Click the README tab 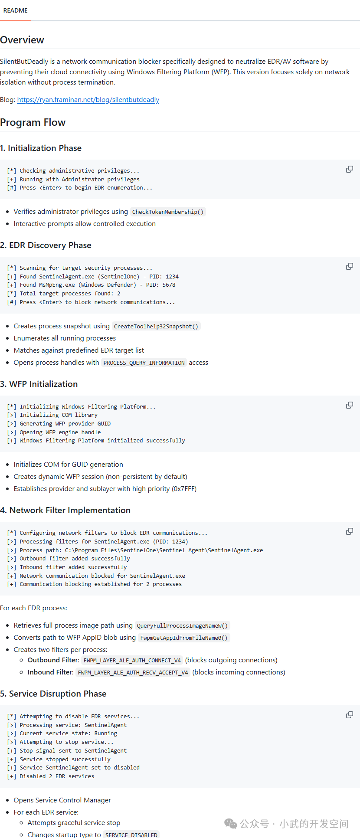(x=16, y=10)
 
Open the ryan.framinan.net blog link (x=88, y=100)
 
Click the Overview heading (x=22, y=40)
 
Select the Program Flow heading (x=33, y=122)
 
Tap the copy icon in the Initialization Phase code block (x=349, y=169)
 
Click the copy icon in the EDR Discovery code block (x=349, y=266)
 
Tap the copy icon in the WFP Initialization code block (x=349, y=405)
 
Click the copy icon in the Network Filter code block (x=349, y=531)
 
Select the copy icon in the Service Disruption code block (x=349, y=715)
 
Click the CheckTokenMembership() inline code (x=168, y=212)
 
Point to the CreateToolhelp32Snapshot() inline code (x=156, y=326)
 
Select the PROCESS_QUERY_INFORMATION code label (x=144, y=363)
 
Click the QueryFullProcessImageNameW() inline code (x=182, y=625)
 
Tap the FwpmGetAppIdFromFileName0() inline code (x=184, y=638)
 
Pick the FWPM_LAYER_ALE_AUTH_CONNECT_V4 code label (x=132, y=660)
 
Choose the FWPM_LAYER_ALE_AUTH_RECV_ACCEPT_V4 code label (x=133, y=672)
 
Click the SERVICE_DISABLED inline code (x=131, y=835)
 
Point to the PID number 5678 (x=169, y=285)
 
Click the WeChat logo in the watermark (x=231, y=823)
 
